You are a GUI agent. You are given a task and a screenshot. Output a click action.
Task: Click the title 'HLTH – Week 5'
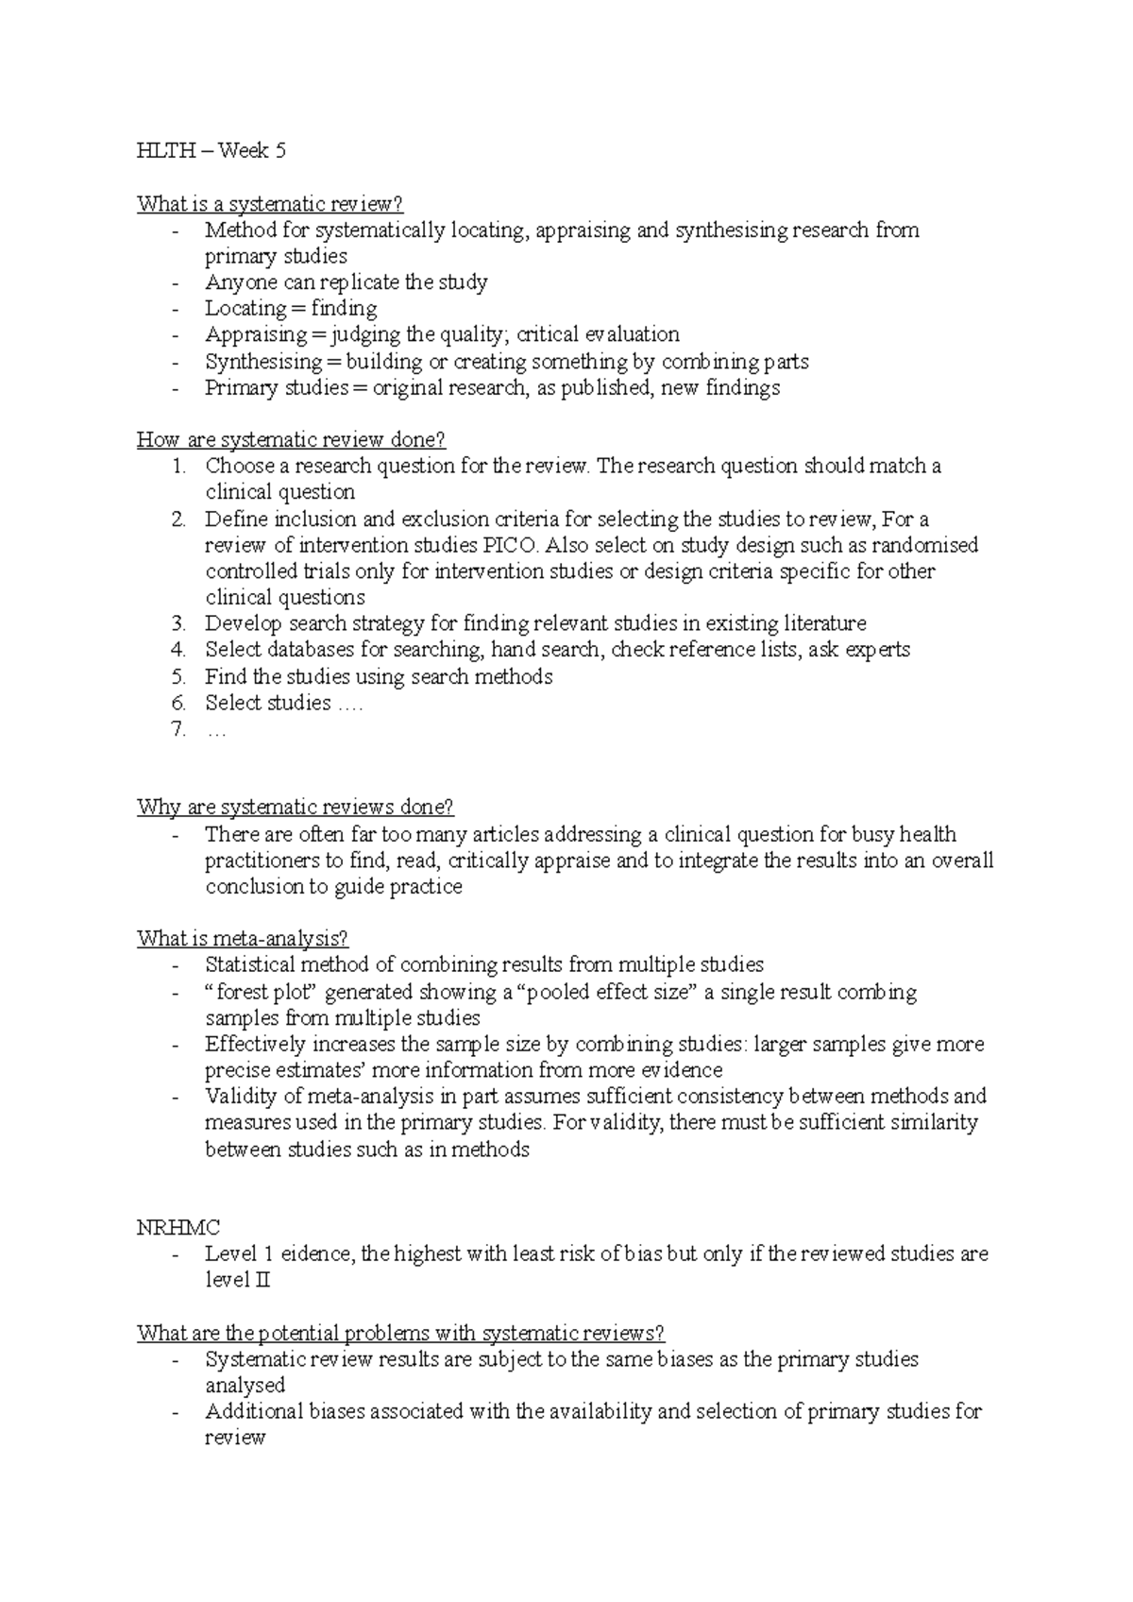click(211, 151)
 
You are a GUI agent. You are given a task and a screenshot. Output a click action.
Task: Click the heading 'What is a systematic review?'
click(270, 204)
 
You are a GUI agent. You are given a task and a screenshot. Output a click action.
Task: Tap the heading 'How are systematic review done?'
click(291, 439)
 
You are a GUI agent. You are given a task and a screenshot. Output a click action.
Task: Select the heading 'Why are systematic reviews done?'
click(296, 807)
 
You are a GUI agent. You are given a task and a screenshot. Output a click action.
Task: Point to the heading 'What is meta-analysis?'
click(243, 938)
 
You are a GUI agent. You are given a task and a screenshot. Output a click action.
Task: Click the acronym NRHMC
click(178, 1228)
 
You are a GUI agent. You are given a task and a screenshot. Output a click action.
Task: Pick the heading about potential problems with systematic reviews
click(400, 1333)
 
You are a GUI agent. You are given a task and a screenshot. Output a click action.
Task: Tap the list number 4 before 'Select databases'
click(179, 650)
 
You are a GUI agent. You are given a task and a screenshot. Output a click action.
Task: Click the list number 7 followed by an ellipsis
click(179, 729)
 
